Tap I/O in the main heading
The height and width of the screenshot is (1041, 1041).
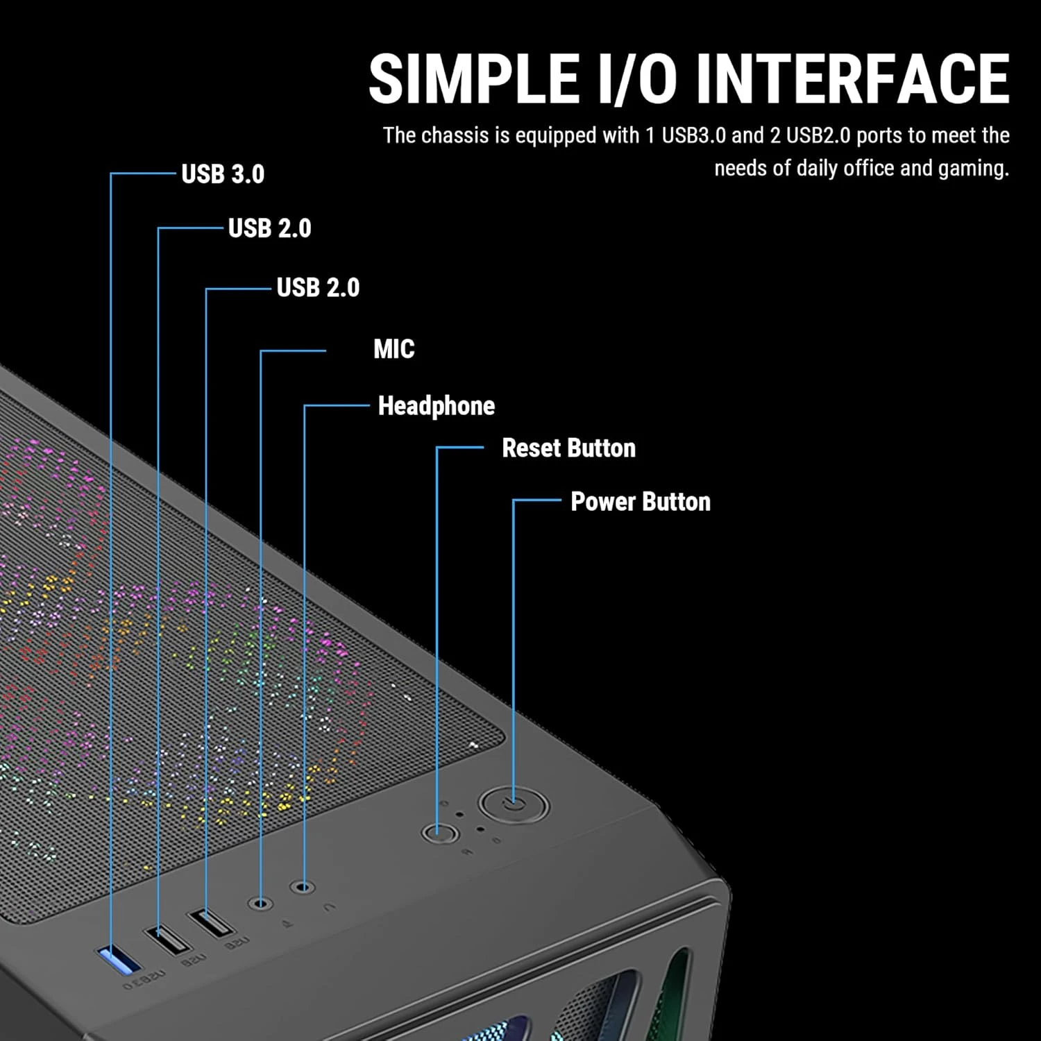(x=636, y=79)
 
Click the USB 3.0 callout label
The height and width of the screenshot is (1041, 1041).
(x=223, y=174)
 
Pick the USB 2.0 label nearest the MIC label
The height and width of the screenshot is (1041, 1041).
(x=318, y=287)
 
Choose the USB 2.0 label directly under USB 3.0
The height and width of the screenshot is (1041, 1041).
(x=269, y=228)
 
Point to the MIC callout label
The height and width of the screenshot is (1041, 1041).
(x=393, y=349)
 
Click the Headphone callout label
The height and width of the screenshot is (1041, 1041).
(x=436, y=406)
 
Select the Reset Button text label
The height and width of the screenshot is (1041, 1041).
(x=568, y=448)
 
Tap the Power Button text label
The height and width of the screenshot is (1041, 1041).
(x=640, y=502)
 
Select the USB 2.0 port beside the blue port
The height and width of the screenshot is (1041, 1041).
(x=167, y=940)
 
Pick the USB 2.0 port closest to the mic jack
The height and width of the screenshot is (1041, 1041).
(x=212, y=923)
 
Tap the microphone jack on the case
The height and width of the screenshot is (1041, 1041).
(x=261, y=904)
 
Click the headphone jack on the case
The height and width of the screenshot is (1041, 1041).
(x=303, y=887)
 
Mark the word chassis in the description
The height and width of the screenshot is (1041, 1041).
(x=456, y=135)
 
